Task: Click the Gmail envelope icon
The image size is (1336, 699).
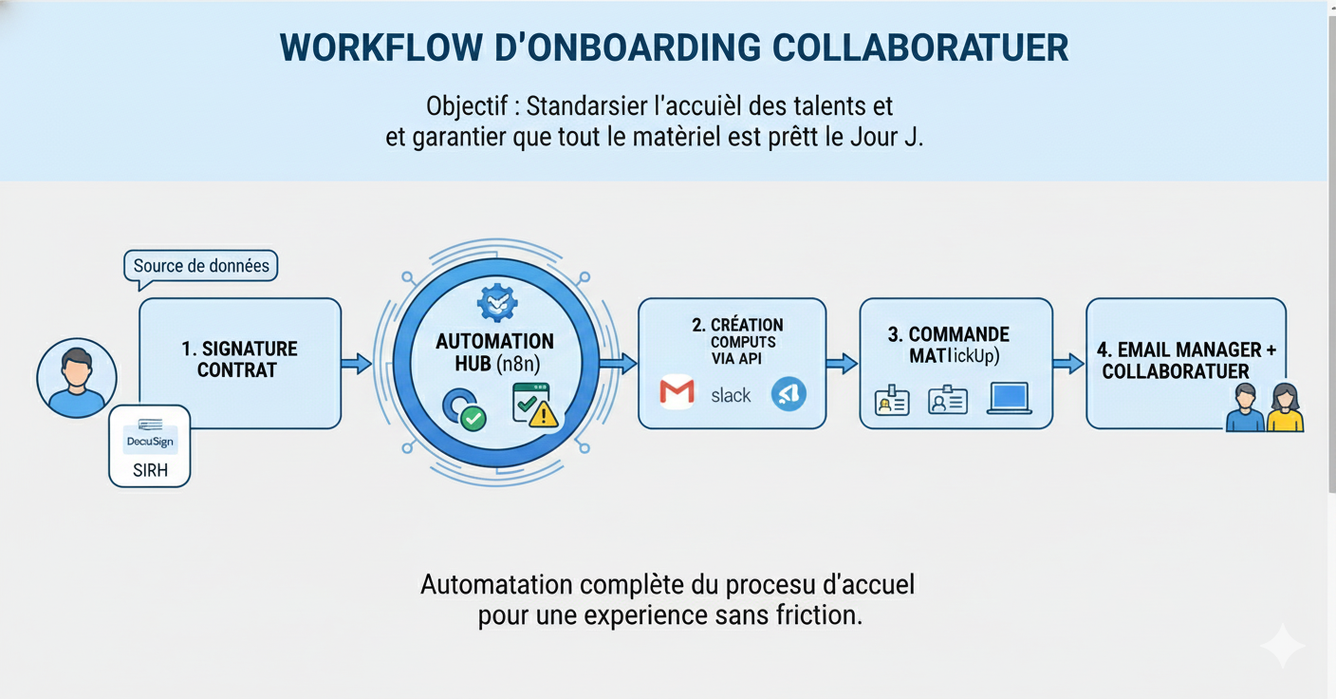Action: [677, 393]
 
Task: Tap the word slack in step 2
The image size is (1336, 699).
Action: [731, 395]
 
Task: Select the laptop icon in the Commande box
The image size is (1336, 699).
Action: [1009, 399]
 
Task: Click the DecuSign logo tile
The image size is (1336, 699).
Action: [150, 439]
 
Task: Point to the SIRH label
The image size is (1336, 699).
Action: [150, 470]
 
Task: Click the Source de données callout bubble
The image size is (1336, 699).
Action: [201, 266]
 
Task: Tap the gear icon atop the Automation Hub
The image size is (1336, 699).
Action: [495, 303]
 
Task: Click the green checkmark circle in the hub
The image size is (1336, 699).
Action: [472, 417]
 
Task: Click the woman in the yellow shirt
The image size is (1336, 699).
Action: [1285, 408]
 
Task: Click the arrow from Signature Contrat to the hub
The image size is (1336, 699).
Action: [357, 363]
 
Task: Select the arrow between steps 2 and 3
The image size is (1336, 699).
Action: [842, 363]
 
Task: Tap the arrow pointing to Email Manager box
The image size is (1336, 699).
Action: [1068, 363]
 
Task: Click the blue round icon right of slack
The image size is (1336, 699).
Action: [789, 393]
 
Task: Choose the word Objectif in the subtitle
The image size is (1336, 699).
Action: [467, 105]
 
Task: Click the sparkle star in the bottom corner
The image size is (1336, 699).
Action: [1282, 646]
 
